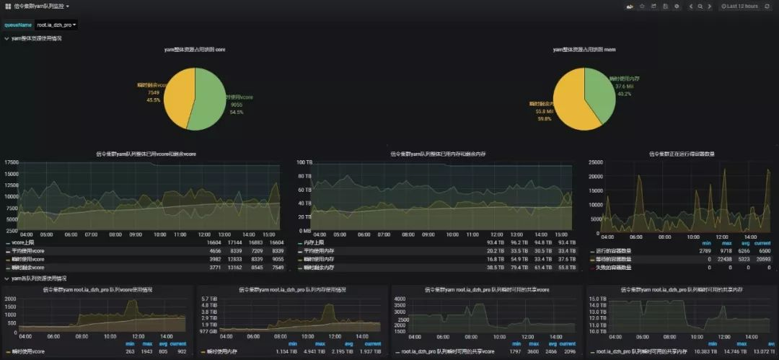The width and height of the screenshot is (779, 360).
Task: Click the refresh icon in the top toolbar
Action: [x=769, y=6]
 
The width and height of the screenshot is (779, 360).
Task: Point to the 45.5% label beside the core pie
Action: [x=154, y=100]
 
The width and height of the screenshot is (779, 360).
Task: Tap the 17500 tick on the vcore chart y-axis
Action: [x=11, y=162]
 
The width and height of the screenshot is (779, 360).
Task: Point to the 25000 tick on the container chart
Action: [x=597, y=162]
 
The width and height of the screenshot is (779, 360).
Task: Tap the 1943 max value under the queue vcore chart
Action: [x=146, y=351]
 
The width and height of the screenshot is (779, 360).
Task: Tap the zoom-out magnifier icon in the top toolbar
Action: [x=700, y=6]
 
